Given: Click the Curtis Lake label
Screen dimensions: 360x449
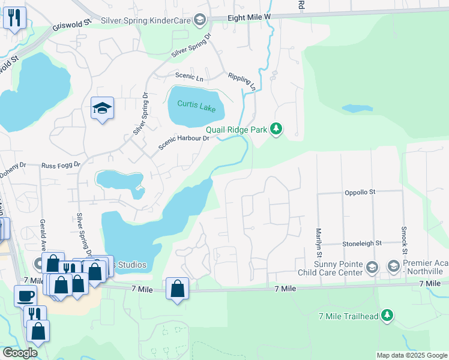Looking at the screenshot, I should click(x=196, y=104).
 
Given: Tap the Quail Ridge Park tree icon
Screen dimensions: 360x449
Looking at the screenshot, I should click(x=276, y=128).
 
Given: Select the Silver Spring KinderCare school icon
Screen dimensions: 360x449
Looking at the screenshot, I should click(x=200, y=20).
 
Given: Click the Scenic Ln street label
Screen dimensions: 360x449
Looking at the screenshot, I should click(x=189, y=76).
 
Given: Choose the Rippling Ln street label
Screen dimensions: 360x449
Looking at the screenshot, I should click(x=242, y=82).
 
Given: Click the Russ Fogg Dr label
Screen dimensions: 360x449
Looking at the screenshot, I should click(x=61, y=165).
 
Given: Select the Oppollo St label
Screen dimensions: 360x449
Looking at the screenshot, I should click(x=360, y=192).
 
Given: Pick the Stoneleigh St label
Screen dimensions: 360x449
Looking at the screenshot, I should click(x=362, y=244).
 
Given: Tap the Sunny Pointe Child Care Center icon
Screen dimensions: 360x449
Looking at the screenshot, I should click(x=372, y=266).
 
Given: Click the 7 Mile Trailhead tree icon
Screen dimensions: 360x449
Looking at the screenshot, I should click(x=387, y=314).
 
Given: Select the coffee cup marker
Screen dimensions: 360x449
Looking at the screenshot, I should click(x=26, y=296).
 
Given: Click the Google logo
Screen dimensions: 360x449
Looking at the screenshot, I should click(x=19, y=353).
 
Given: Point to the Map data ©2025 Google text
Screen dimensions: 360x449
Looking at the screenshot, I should click(x=411, y=355).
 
